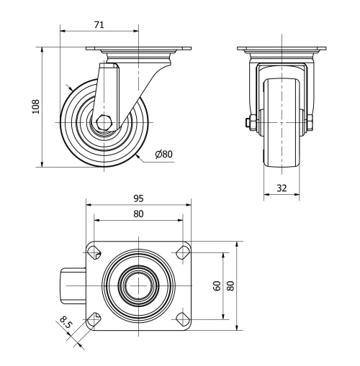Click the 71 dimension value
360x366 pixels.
(99, 25)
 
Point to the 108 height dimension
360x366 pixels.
(36, 106)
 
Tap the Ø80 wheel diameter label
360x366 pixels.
(164, 154)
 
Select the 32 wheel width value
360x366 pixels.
(282, 188)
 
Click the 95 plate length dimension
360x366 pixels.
(138, 198)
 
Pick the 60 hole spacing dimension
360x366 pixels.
(217, 286)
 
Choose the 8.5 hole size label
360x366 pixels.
(66, 322)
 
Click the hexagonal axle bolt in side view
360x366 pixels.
(104, 122)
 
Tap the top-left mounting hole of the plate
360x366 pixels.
(94, 252)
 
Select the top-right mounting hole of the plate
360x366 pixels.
(183, 252)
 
